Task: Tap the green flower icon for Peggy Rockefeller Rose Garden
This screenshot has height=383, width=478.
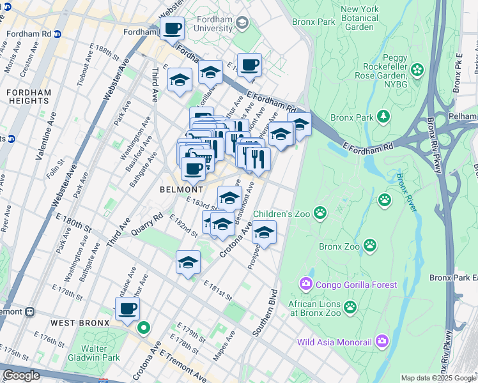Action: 417,69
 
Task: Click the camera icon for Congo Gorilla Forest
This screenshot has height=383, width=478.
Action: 305,284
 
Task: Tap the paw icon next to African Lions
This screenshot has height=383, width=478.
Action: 350,308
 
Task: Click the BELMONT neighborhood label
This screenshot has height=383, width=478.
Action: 183,190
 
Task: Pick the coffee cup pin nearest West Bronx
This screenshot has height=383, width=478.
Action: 127,309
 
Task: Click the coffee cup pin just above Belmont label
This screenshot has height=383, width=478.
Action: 193,169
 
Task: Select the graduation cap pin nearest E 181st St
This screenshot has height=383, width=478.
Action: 188,262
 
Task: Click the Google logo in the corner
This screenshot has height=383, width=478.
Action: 21,375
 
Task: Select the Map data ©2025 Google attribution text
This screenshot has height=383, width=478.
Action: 438,378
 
